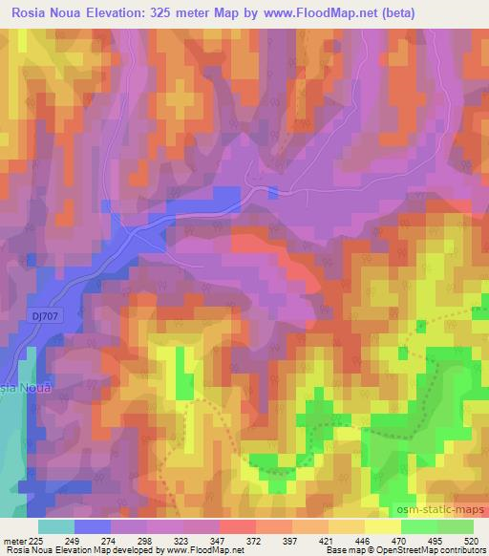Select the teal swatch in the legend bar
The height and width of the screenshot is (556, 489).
point(56,526)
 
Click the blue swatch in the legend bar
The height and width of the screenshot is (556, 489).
point(93,526)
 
